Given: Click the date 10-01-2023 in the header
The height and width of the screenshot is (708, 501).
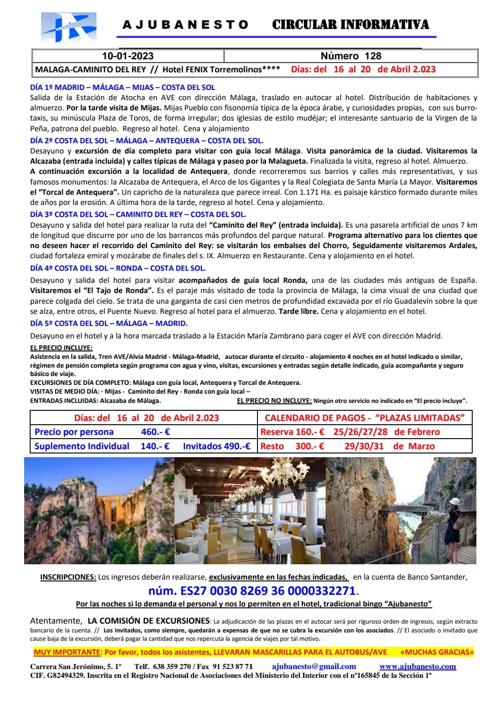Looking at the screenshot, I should coord(128,56).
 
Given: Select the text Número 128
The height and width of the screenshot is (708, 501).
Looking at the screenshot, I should coord(351,56).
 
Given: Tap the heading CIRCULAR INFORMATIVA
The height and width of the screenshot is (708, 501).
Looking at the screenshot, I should coord(350,25).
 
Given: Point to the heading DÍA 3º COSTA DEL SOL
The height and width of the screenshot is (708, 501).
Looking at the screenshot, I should coord(138,214).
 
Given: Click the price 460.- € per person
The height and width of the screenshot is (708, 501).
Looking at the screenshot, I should coord(155,432).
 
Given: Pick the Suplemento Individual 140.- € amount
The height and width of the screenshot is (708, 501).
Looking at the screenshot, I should coord(155,446).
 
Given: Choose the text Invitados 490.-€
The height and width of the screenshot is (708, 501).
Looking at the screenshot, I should coord(217,446).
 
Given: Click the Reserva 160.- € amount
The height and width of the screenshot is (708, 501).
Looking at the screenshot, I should coord(292,432).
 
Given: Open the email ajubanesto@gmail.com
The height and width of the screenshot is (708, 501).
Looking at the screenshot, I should coord(314,666).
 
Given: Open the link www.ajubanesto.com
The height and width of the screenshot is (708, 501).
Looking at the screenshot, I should coord(417,666).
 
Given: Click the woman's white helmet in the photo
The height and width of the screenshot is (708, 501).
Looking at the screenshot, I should coord(455,502).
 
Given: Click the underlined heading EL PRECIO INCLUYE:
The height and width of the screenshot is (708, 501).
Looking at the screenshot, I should coord(61,348).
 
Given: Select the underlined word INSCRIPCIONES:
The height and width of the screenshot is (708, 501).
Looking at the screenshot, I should coord(68,577).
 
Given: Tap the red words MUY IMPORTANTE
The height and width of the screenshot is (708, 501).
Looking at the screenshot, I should coord(67,652).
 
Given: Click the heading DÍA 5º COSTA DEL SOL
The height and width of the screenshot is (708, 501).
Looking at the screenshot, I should coord(109,323).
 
